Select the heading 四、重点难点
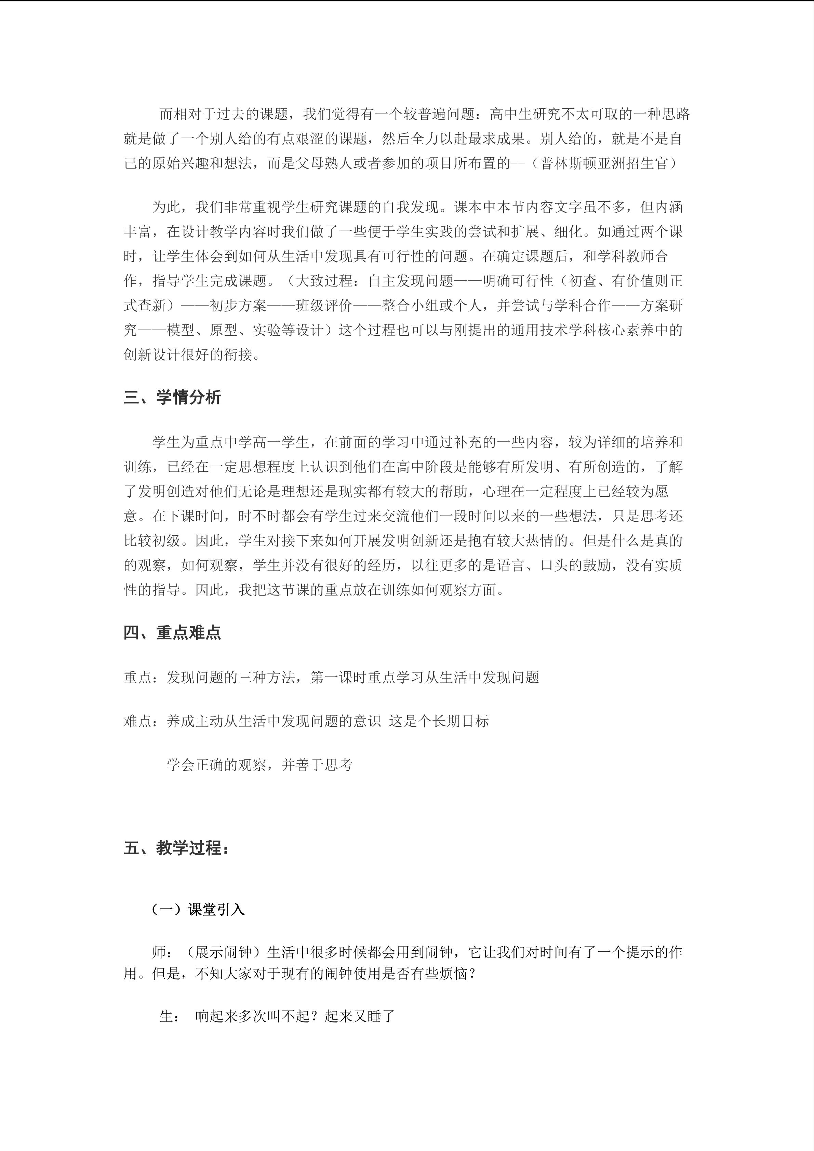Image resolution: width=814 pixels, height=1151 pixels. pyautogui.click(x=172, y=633)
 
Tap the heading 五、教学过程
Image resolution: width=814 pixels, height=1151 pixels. pyautogui.click(x=176, y=848)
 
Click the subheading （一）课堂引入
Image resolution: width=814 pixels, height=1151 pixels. pyautogui.click(x=199, y=909)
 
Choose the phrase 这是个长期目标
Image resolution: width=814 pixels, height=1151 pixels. pyautogui.click(x=439, y=721)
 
